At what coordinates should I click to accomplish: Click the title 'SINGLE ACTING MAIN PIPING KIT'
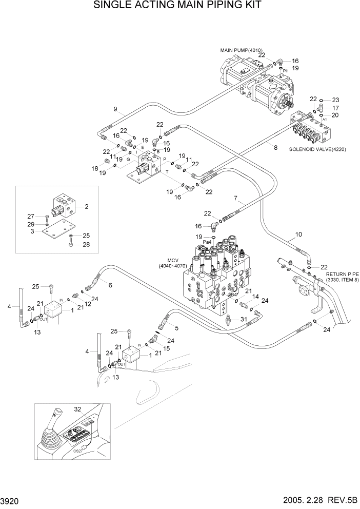pyautogui.click(x=177, y=6)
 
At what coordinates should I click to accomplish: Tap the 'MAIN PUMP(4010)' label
pyautogui.click(x=241, y=50)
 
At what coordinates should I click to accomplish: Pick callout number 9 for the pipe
pyautogui.click(x=115, y=108)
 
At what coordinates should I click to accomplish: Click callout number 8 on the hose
pyautogui.click(x=275, y=147)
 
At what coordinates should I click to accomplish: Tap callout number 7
pyautogui.click(x=235, y=198)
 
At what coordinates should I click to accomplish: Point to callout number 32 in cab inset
pyautogui.click(x=77, y=409)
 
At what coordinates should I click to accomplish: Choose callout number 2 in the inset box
pyautogui.click(x=87, y=207)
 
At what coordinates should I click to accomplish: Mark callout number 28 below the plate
pyautogui.click(x=87, y=244)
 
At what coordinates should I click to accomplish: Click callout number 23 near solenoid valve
pyautogui.click(x=335, y=100)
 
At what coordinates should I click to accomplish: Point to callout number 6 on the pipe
pyautogui.click(x=110, y=285)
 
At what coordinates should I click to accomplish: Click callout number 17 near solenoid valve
pyautogui.click(x=335, y=108)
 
